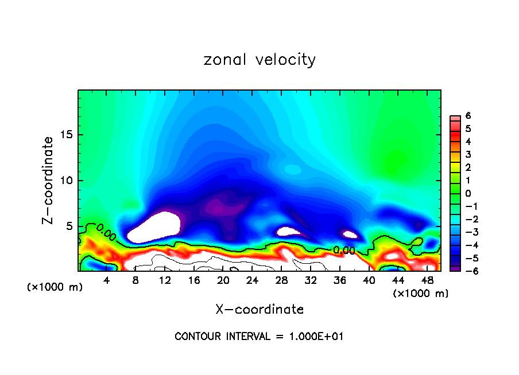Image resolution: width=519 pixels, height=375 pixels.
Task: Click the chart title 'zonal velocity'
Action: tap(259, 60)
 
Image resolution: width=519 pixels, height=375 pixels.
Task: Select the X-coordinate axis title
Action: tap(259, 310)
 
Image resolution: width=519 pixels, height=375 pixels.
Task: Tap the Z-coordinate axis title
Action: tap(49, 180)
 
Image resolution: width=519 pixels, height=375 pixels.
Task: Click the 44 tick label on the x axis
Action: tap(398, 280)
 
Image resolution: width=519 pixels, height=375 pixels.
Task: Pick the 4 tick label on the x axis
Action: tap(107, 280)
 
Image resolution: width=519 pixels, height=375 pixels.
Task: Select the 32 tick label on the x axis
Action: tap(311, 280)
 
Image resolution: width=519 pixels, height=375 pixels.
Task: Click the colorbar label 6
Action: tap(468, 116)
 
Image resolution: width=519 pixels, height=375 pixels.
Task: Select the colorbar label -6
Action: tap(467, 271)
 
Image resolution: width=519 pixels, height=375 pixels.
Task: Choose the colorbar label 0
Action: tap(468, 193)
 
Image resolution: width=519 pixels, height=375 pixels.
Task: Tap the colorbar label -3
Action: tap(467, 232)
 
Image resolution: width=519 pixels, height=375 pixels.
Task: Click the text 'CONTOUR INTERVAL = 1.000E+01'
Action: tap(259, 337)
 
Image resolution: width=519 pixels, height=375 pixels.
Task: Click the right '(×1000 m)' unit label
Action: tap(420, 294)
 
